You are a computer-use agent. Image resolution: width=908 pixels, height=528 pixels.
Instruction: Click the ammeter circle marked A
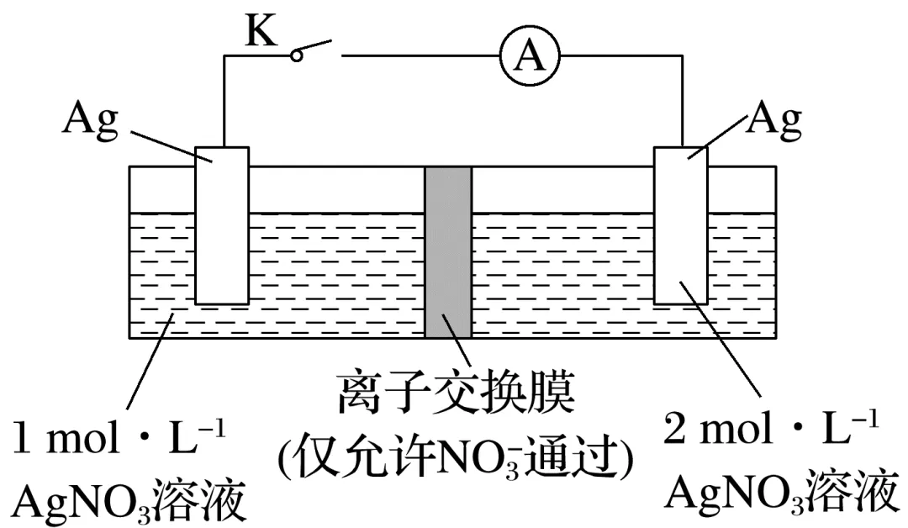click(528, 55)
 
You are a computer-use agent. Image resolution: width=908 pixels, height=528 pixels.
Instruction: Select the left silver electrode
click(222, 225)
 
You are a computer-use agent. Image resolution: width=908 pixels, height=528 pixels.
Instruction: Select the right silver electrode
click(681, 225)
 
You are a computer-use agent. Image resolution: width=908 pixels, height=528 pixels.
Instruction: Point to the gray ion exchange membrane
click(448, 252)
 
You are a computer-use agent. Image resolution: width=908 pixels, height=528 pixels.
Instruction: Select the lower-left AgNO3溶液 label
click(130, 502)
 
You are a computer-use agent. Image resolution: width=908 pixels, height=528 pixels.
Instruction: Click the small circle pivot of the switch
click(296, 55)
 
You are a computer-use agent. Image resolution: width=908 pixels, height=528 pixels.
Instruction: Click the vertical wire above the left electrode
click(224, 101)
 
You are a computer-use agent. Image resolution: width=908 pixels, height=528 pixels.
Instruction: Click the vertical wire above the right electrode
click(682, 101)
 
